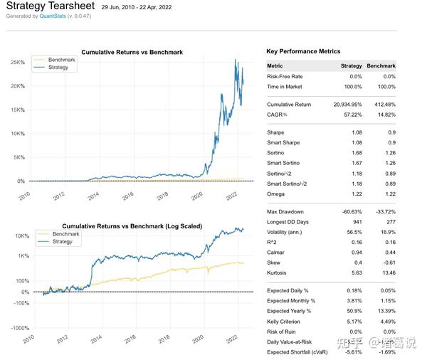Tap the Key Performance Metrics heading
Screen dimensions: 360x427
click(x=303, y=51)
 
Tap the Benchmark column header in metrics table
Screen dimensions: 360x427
click(x=382, y=65)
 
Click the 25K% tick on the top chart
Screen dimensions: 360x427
click(x=16, y=63)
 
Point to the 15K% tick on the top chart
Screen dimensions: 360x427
click(x=16, y=110)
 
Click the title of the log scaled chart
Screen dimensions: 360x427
click(x=132, y=226)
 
